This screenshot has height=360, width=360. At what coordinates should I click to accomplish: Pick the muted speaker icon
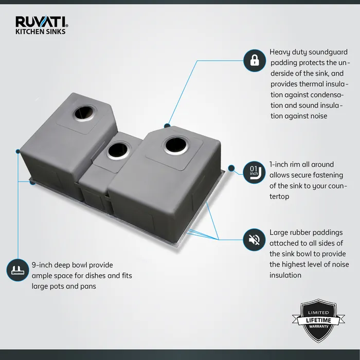tap(254, 239)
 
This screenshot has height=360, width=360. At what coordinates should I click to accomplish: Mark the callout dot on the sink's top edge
tap(167, 125)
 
